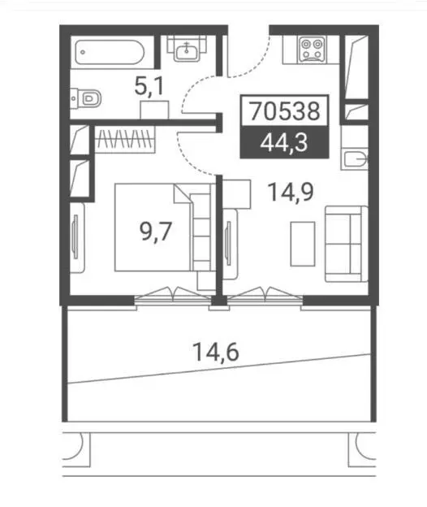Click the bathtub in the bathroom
point(110,52)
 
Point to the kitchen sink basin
point(356,159)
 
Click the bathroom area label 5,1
point(149,86)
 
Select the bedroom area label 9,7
point(155,232)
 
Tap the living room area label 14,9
point(291,192)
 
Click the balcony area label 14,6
point(215,352)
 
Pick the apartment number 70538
point(285,110)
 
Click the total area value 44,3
point(284,142)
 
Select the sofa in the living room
point(347,244)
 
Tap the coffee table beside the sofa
point(303,244)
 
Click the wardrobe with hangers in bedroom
point(125,139)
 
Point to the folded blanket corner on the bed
point(183,194)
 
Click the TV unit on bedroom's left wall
point(77,237)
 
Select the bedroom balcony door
point(173,296)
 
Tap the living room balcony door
point(265,296)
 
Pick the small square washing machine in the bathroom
point(154,110)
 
